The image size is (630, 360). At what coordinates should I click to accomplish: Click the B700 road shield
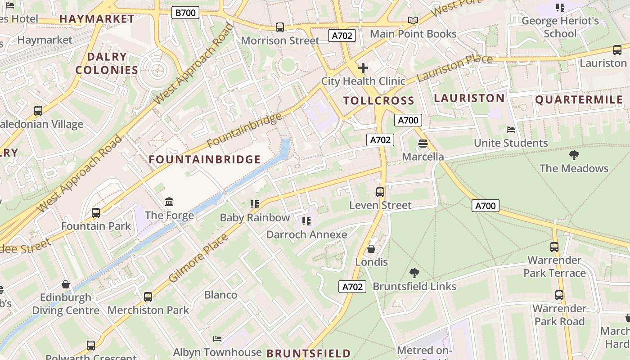pyautogui.click(x=185, y=13)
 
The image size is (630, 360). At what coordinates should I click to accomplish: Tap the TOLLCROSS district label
pyautogui.click(x=378, y=101)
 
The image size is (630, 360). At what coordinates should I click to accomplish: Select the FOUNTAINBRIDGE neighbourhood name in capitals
pyautogui.click(x=205, y=159)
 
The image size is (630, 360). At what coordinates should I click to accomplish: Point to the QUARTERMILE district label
pyautogui.click(x=579, y=100)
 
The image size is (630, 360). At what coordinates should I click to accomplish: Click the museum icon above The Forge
pyautogui.click(x=169, y=202)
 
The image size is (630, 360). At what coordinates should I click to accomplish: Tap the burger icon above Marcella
pyautogui.click(x=423, y=144)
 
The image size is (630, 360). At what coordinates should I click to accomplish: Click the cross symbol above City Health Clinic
pyautogui.click(x=363, y=68)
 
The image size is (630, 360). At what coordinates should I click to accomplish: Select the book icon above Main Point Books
pyautogui.click(x=413, y=20)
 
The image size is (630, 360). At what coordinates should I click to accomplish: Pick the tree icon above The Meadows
pyautogui.click(x=574, y=155)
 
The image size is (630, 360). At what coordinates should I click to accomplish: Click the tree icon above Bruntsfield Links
pyautogui.click(x=414, y=273)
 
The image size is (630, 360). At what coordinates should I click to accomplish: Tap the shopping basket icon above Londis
pyautogui.click(x=371, y=249)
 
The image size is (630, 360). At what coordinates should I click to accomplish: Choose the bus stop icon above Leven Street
pyautogui.click(x=380, y=192)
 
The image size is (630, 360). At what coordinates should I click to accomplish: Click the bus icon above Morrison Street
pyautogui.click(x=280, y=27)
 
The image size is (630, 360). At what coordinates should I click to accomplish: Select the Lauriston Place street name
pyautogui.click(x=454, y=67)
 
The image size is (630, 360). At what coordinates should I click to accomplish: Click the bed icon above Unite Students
pyautogui.click(x=511, y=130)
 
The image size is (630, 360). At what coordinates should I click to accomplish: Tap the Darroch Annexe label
pyautogui.click(x=306, y=234)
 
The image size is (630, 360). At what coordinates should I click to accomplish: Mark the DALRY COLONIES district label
pyautogui.click(x=107, y=63)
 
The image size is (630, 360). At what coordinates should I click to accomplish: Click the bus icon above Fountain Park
pyautogui.click(x=96, y=213)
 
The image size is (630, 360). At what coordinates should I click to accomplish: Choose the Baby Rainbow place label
pyautogui.click(x=255, y=218)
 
